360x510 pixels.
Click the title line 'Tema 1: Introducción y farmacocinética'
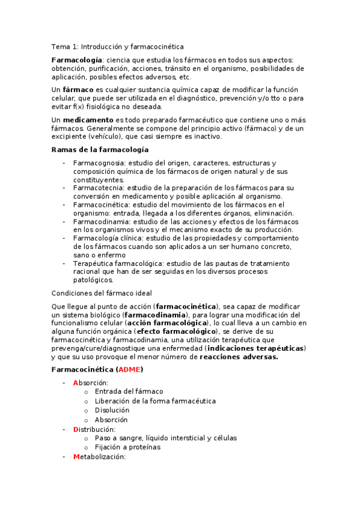pyautogui.click(x=118, y=46)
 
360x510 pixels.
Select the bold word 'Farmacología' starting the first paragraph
pyautogui.click(x=76, y=60)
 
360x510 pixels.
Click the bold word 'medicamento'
pyautogui.click(x=88, y=120)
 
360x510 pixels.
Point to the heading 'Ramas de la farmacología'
pyautogui.click(x=100, y=149)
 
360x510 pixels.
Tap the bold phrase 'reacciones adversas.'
pyautogui.click(x=239, y=357)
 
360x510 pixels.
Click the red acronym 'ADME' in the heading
pyautogui.click(x=129, y=369)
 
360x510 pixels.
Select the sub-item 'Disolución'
pyautogui.click(x=112, y=410)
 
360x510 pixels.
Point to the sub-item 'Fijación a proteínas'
pyautogui.click(x=127, y=447)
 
